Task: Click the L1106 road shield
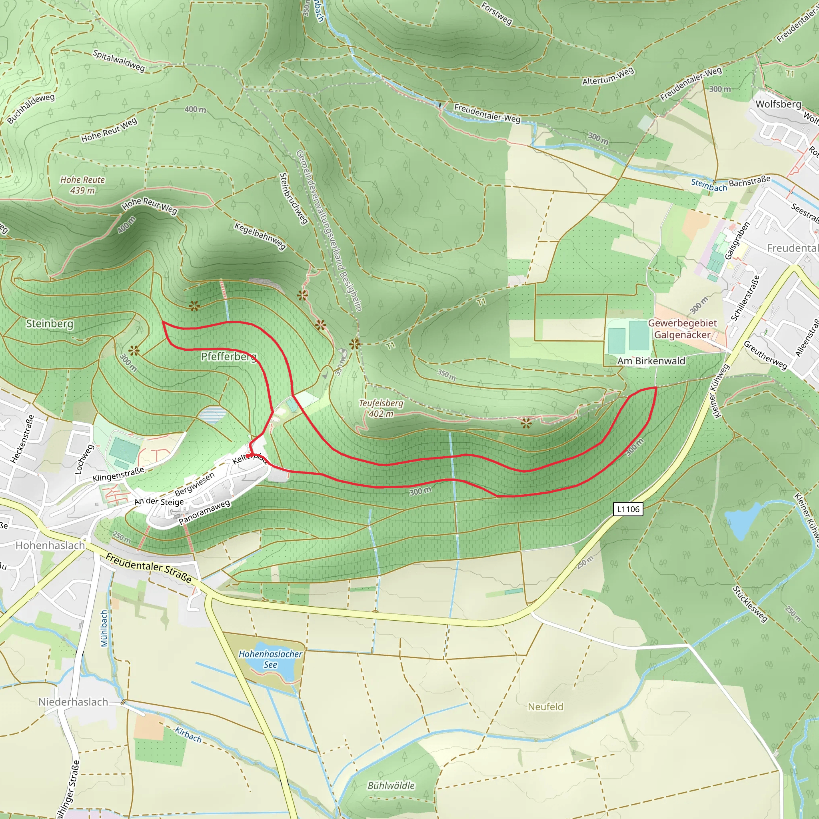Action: (x=628, y=509)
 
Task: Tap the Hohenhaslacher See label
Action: (x=270, y=659)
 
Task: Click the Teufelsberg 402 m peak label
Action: (x=381, y=408)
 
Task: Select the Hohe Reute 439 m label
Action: (x=83, y=185)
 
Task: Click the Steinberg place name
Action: (x=50, y=324)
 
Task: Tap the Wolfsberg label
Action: (x=778, y=104)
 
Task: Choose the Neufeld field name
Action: (x=545, y=707)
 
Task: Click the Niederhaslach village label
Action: (x=73, y=702)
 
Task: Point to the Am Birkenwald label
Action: (x=651, y=361)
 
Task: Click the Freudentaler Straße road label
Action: (x=149, y=567)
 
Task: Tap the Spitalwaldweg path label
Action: (x=119, y=61)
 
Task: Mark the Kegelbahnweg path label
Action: (x=260, y=236)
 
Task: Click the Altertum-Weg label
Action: (x=608, y=76)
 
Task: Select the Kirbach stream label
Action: (x=188, y=734)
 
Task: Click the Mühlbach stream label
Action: (x=104, y=628)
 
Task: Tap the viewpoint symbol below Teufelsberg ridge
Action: (x=525, y=423)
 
